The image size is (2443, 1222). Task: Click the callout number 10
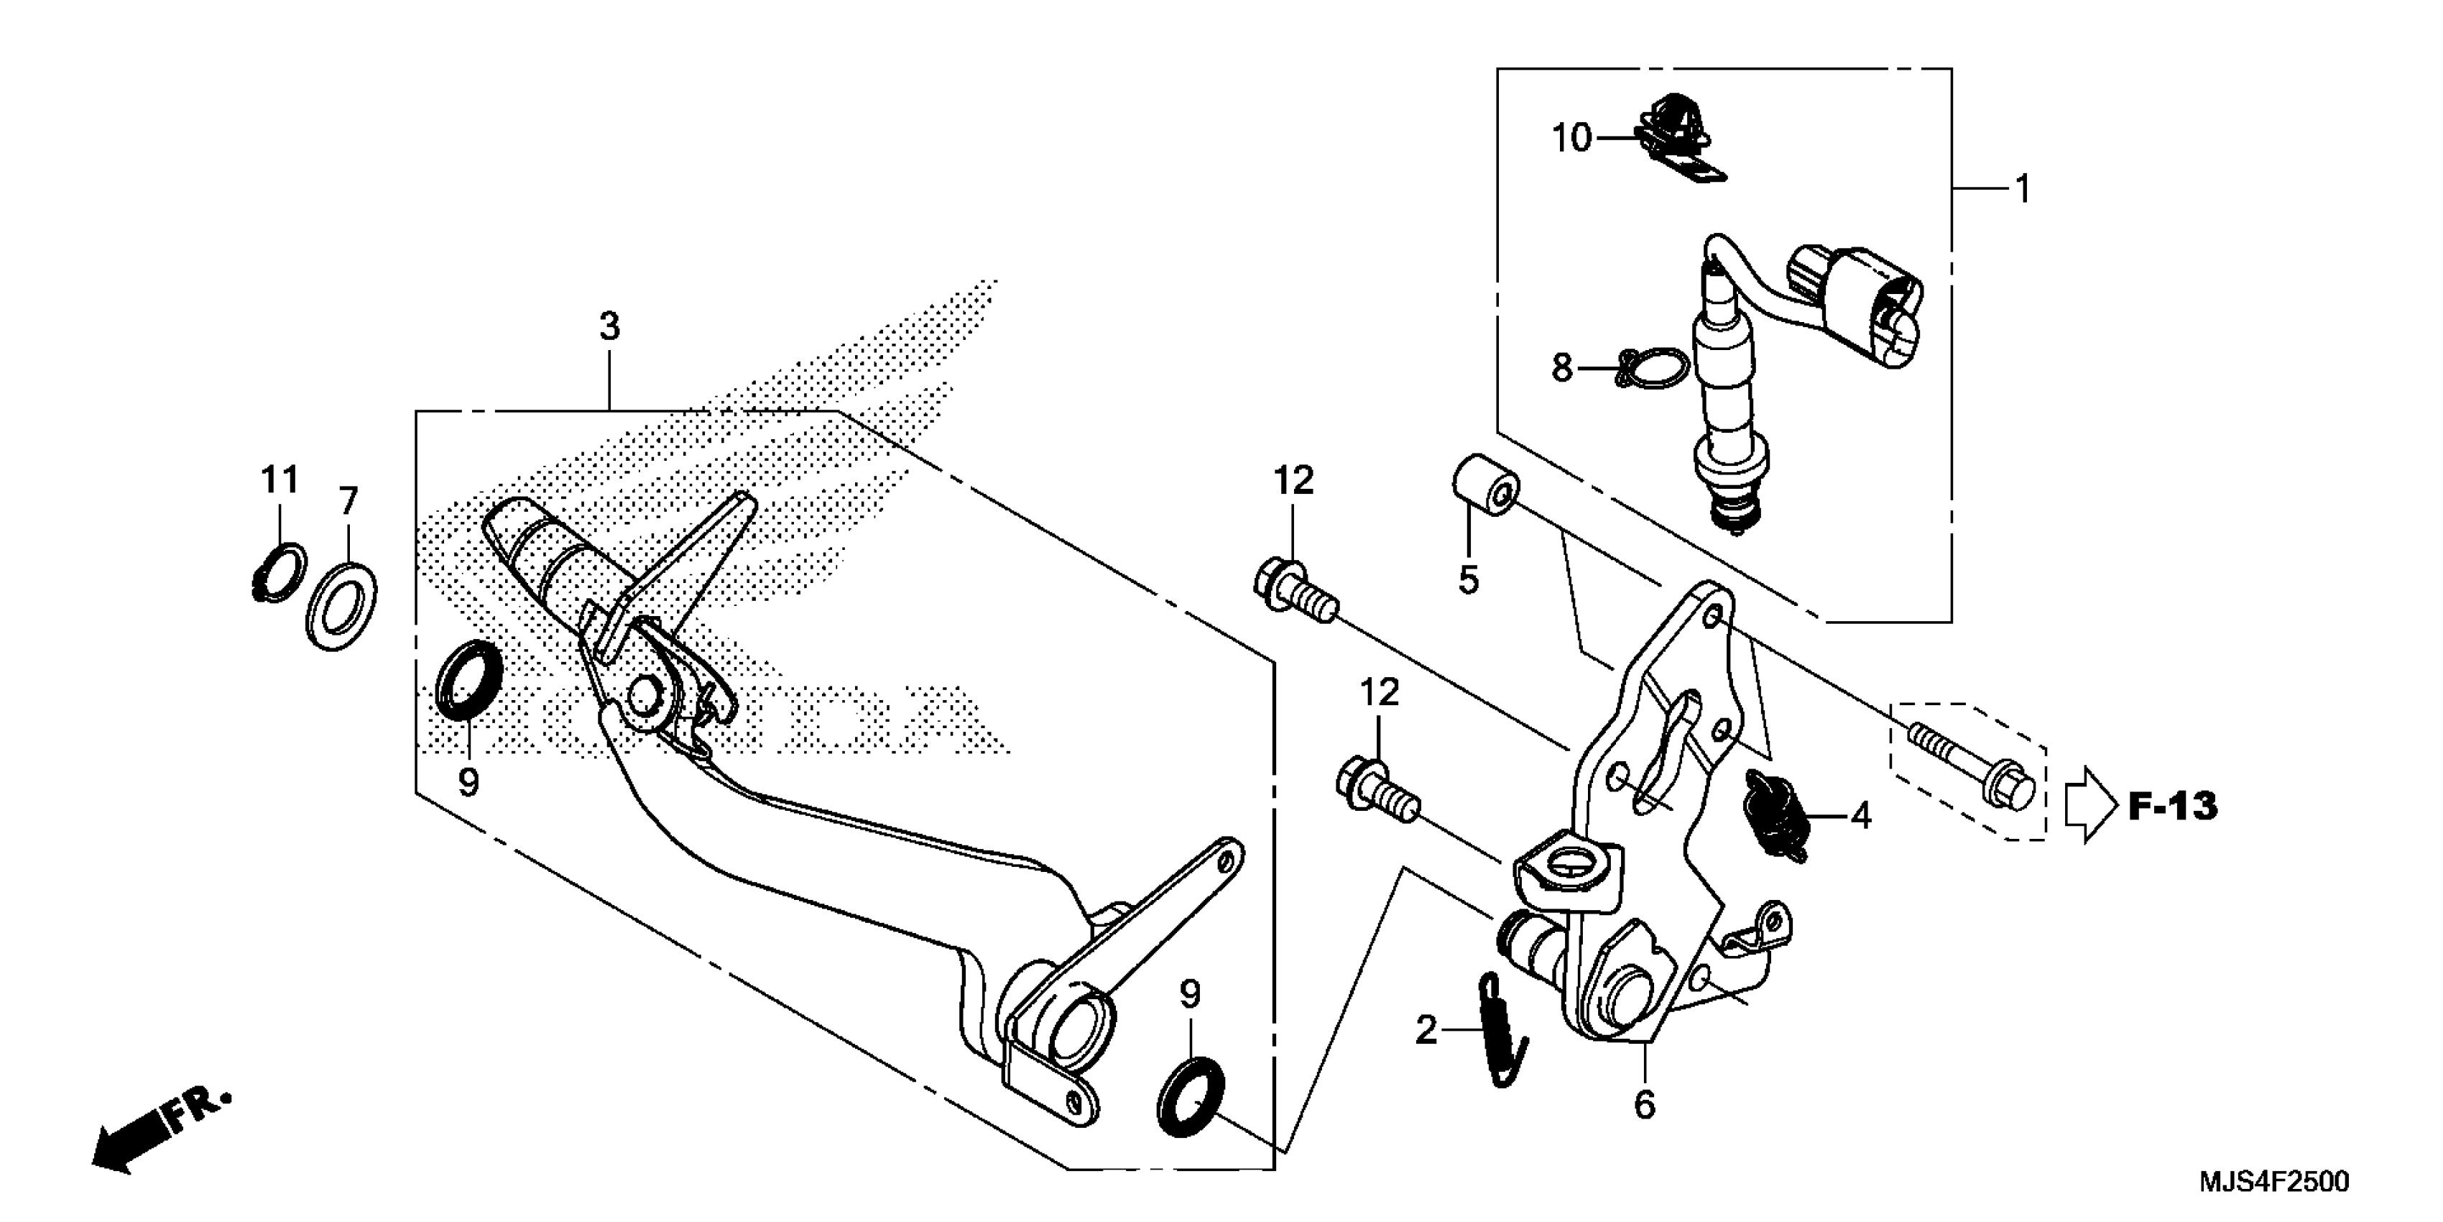click(x=1571, y=139)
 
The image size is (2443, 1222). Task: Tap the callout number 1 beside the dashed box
click(x=2022, y=190)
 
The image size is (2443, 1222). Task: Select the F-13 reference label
click(x=2173, y=807)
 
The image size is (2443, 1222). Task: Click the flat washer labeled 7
click(x=341, y=605)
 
